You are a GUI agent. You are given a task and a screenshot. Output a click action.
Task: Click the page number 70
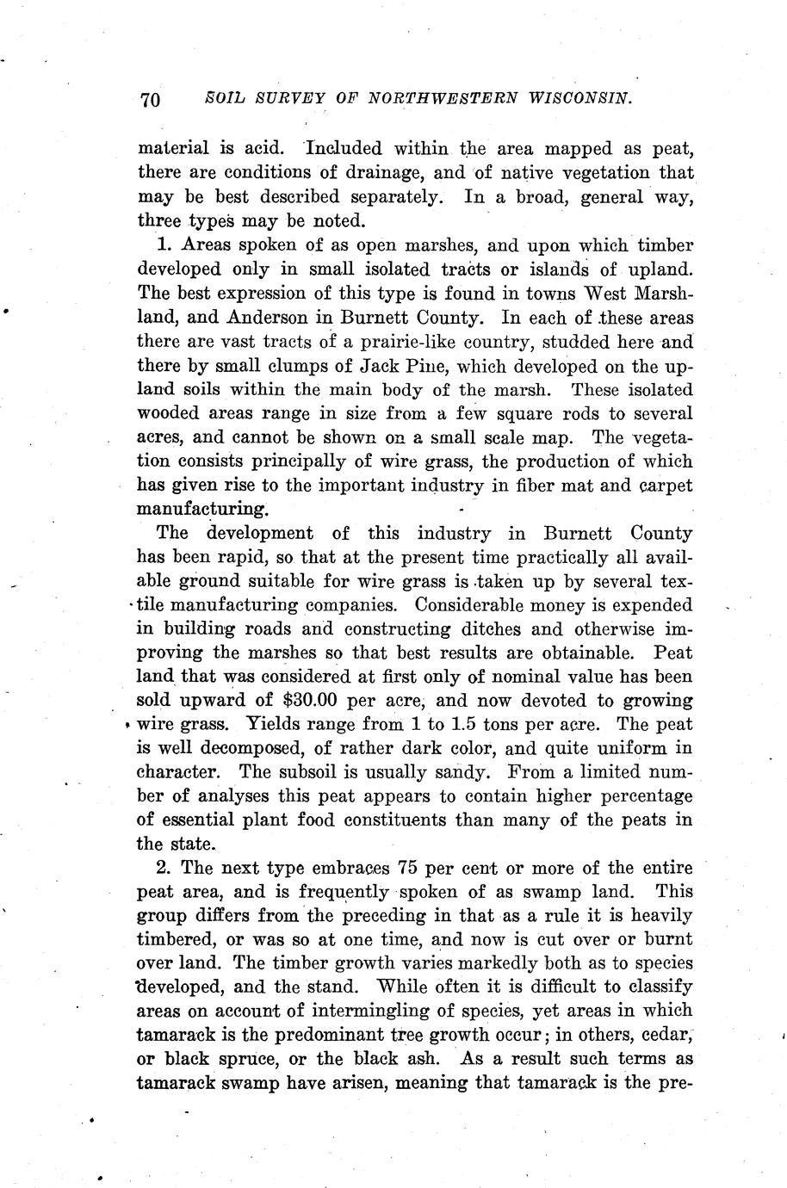pos(150,100)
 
